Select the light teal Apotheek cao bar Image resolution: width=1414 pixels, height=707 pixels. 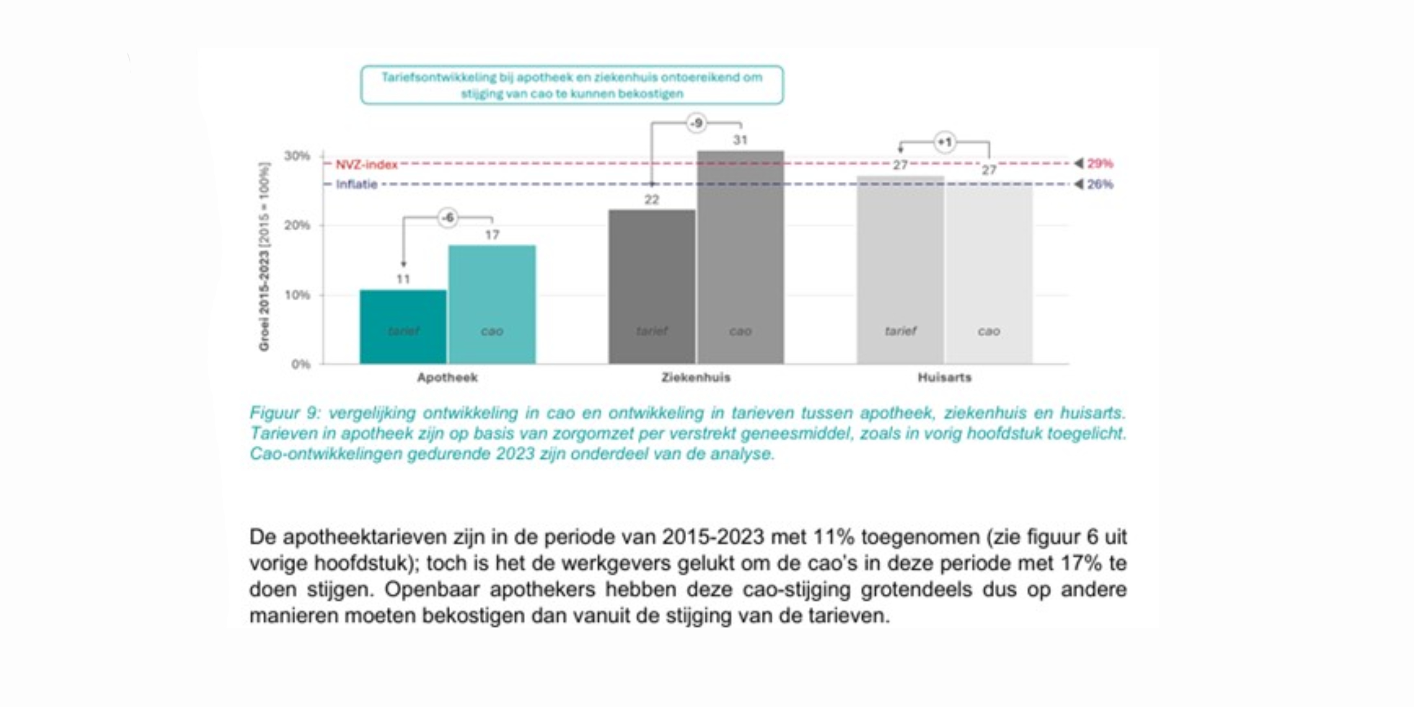492,305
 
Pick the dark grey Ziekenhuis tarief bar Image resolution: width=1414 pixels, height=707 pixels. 652,287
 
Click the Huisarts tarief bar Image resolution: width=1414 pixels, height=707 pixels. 900,270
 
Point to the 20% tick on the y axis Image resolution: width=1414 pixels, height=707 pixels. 297,225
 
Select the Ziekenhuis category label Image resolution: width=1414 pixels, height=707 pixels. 695,377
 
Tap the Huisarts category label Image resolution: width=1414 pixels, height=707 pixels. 944,377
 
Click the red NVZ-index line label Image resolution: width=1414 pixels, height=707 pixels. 366,164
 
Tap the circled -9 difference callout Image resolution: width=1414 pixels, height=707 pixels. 696,123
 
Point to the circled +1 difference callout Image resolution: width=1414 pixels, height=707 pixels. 944,142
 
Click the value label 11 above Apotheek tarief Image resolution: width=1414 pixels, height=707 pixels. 403,279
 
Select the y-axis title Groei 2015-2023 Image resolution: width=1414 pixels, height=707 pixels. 264,257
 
